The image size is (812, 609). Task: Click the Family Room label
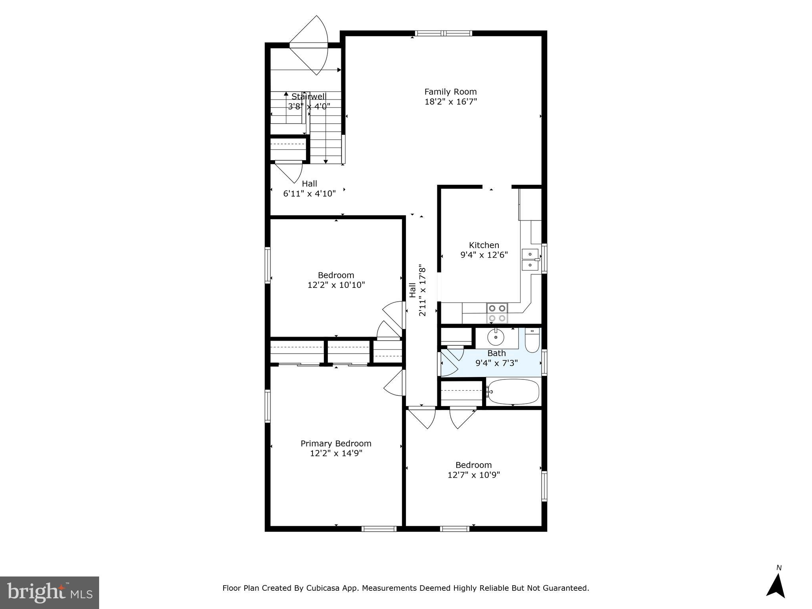(x=450, y=92)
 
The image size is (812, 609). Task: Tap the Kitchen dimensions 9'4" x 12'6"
(x=484, y=255)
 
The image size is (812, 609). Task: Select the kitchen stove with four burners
(x=497, y=313)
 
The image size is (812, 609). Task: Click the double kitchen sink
(x=530, y=259)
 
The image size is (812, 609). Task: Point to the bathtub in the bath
(x=513, y=391)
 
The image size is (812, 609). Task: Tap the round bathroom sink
(x=496, y=337)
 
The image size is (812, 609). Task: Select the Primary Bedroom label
(x=336, y=443)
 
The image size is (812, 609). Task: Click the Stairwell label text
(x=309, y=96)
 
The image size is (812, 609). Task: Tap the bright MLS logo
(x=50, y=592)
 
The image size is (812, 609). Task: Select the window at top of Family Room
(x=443, y=33)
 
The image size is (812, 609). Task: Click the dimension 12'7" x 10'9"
(x=473, y=475)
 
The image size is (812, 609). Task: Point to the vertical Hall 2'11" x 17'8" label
(x=417, y=290)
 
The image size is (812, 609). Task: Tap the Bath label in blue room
(x=496, y=353)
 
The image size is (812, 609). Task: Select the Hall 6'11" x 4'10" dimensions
(x=309, y=193)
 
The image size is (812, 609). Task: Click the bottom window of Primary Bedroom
(x=379, y=529)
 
